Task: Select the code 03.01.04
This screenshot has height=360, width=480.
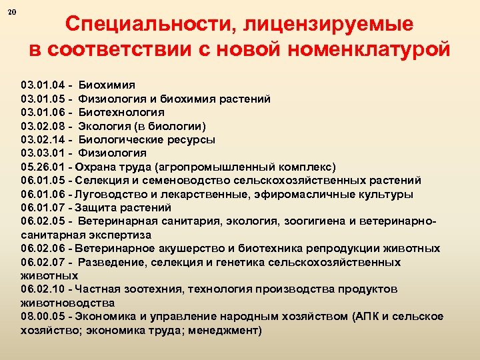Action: pos(43,85)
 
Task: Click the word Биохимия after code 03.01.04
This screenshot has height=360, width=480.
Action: pos(107,85)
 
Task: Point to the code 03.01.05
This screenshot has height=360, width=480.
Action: pos(43,99)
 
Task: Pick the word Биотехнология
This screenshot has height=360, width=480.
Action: pos(121,113)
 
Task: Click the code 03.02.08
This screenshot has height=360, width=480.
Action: pos(43,126)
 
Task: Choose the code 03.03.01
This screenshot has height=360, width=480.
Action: pos(43,153)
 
